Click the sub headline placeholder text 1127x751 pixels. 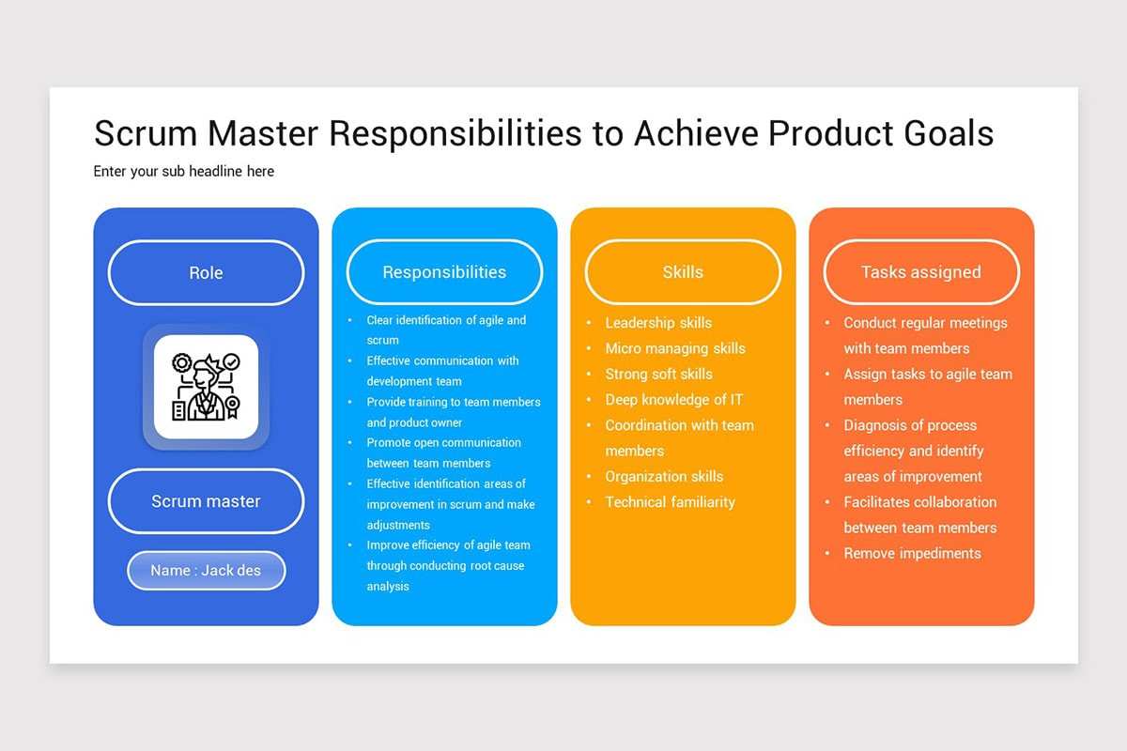[x=184, y=171]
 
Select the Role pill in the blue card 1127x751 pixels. [x=206, y=273]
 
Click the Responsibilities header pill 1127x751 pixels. [x=444, y=272]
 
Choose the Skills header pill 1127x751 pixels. [x=683, y=272]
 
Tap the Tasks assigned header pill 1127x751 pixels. [x=920, y=272]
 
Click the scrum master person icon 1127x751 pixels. [x=206, y=387]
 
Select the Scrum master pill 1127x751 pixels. [x=206, y=501]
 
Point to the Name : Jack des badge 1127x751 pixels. [x=206, y=570]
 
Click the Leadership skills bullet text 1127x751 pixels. [x=658, y=323]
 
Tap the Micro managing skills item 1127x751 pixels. [x=674, y=348]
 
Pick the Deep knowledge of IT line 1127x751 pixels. [x=673, y=400]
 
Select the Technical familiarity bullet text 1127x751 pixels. [x=670, y=502]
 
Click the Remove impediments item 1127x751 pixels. [x=912, y=554]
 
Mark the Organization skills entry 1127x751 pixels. [x=664, y=477]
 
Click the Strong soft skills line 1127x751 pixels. [x=658, y=374]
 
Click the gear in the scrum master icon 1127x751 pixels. [x=182, y=362]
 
